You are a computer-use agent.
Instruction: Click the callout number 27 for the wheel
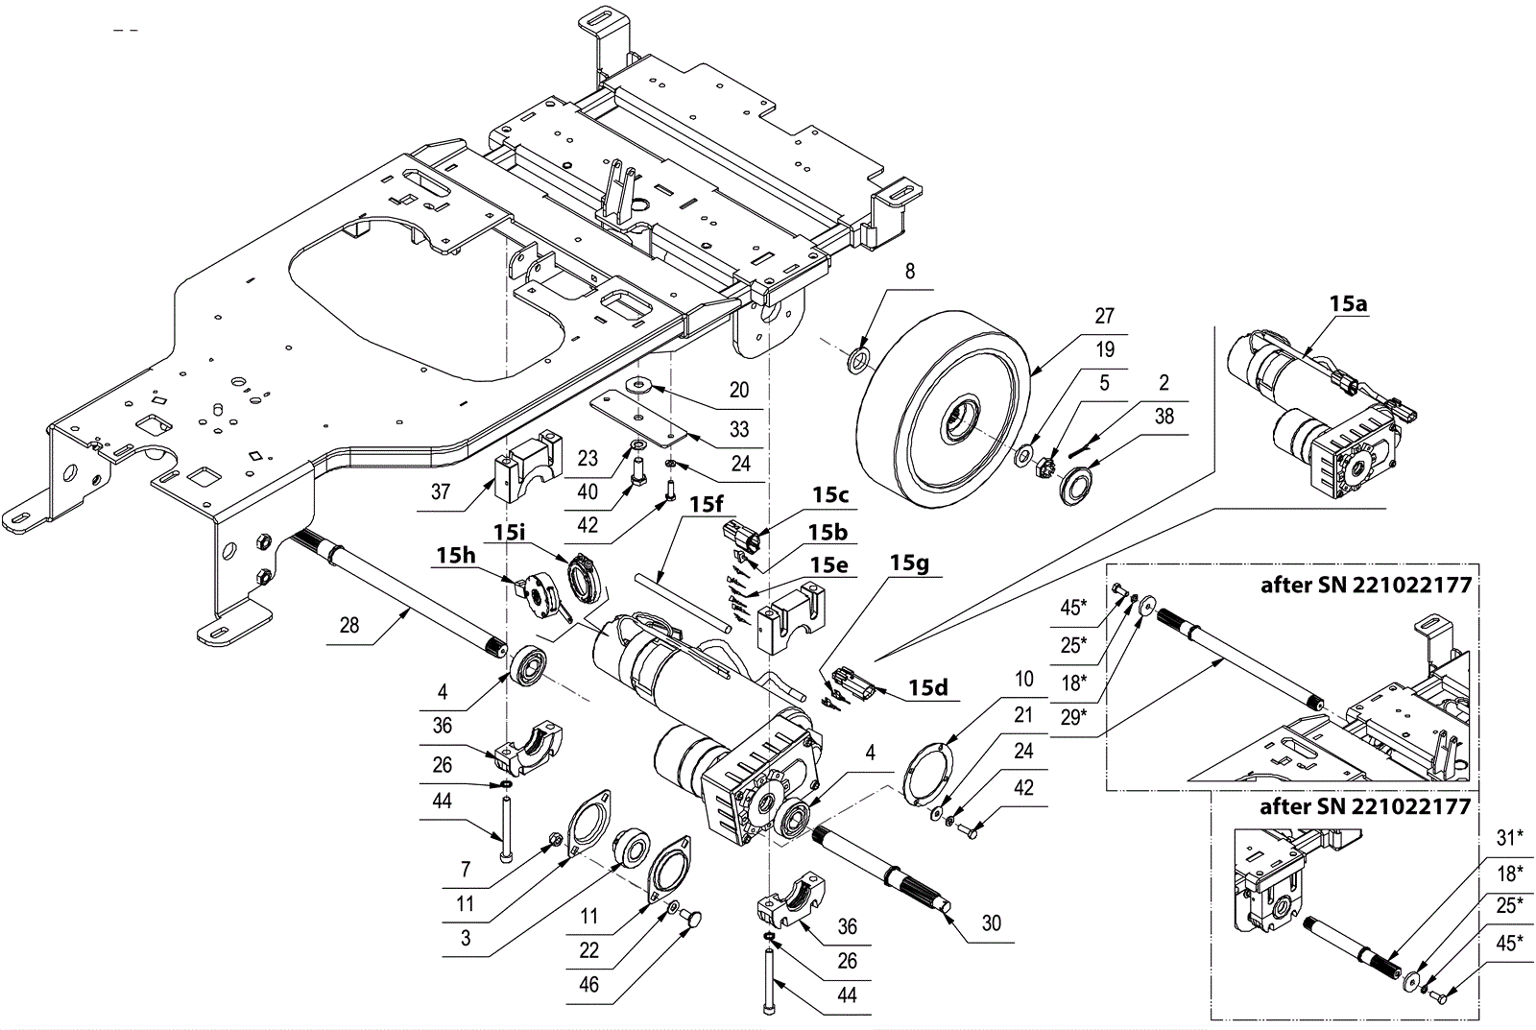click(1104, 316)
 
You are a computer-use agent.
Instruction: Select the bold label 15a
click(1348, 303)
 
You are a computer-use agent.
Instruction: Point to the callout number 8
click(910, 272)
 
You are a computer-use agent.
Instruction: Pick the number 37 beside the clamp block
click(441, 491)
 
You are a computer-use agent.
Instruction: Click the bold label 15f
click(707, 504)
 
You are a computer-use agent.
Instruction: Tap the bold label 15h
click(456, 555)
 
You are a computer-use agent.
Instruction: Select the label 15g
click(909, 563)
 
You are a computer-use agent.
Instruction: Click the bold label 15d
click(928, 687)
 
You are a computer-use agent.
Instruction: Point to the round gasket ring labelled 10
click(926, 770)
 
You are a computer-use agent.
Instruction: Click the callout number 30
click(992, 923)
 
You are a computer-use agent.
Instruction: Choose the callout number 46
click(589, 985)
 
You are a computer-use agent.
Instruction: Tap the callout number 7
click(466, 870)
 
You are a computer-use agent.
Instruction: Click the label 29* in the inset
click(1074, 717)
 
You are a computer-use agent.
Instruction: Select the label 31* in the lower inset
click(1510, 837)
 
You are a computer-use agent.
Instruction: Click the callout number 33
click(739, 429)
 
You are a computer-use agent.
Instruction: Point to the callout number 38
click(1164, 417)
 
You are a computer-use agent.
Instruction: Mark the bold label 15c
click(830, 495)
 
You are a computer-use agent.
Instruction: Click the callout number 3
click(466, 938)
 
